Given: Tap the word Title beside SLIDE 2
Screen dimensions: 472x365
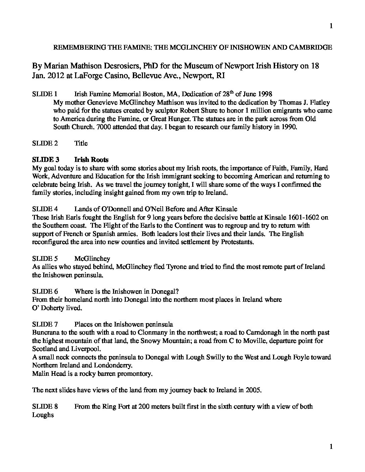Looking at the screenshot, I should pyautogui.click(x=81, y=143).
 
